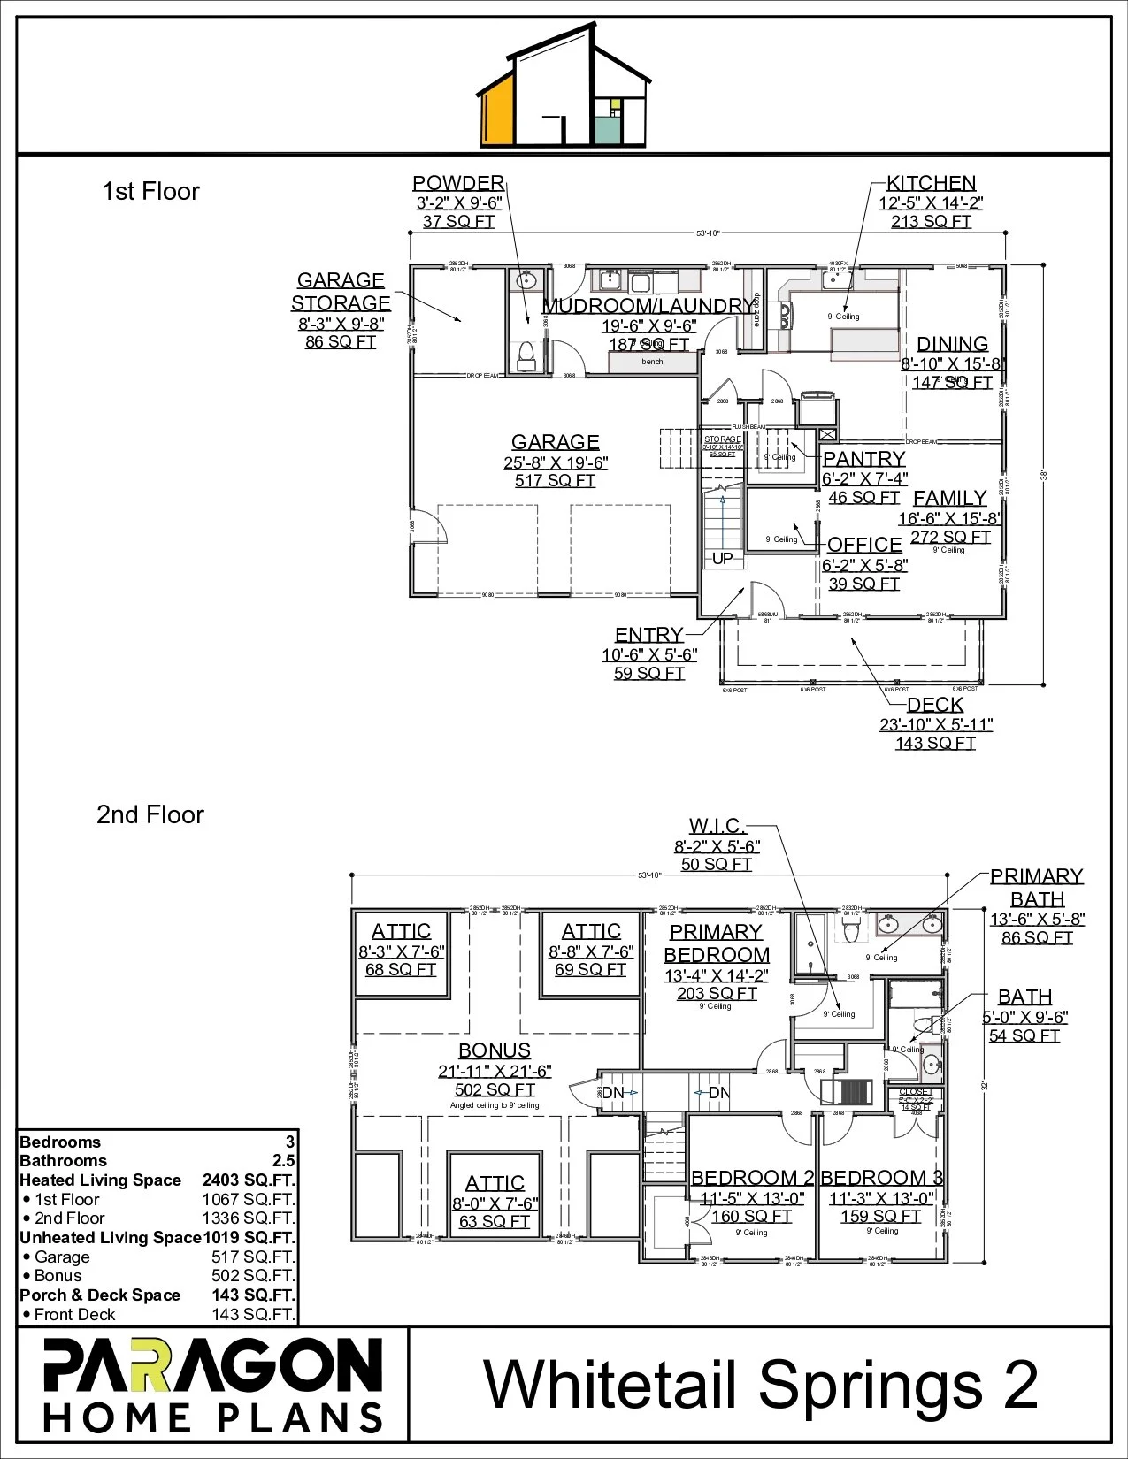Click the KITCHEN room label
click(x=931, y=183)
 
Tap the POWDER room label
click(x=458, y=183)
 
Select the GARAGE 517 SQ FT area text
click(x=555, y=481)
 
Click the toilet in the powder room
click(x=526, y=356)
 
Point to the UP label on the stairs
click(x=723, y=559)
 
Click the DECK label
click(x=935, y=705)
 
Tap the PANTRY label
click(x=864, y=459)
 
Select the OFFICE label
click(x=864, y=545)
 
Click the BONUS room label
click(x=495, y=1050)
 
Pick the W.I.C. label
click(x=717, y=826)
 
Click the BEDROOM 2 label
click(x=752, y=1178)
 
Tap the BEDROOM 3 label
click(x=881, y=1178)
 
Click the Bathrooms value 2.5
click(x=283, y=1161)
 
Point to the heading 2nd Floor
click(x=150, y=814)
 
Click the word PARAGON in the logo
click(x=213, y=1366)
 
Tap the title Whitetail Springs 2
click(x=761, y=1385)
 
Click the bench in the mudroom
click(x=652, y=362)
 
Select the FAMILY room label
click(x=949, y=499)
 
